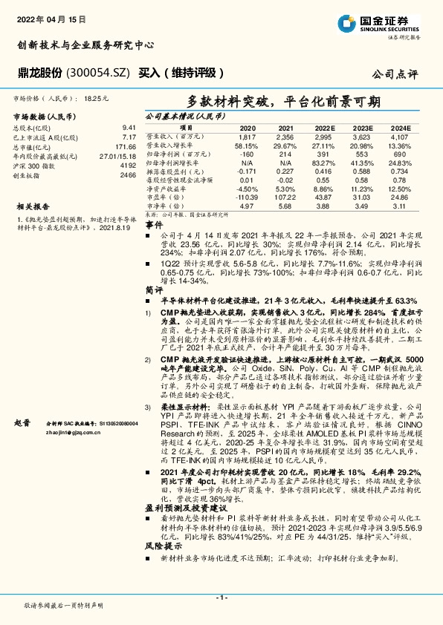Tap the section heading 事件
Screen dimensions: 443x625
(153, 223)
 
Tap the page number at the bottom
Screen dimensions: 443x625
(220, 596)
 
